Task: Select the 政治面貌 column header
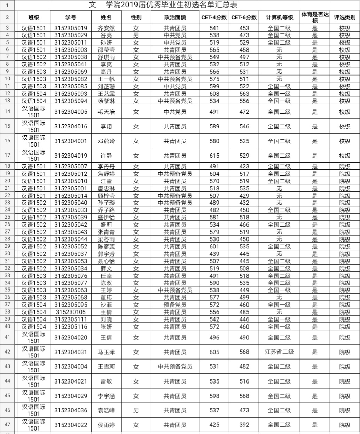tap(175, 17)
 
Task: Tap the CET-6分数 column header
tap(244, 17)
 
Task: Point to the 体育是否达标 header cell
tap(314, 17)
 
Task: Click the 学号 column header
tap(71, 17)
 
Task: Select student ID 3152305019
tap(71, 28)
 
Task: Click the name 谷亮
tap(106, 35)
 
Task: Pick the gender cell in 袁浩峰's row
tap(136, 410)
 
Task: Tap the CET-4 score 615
tap(214, 156)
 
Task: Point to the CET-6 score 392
tap(244, 425)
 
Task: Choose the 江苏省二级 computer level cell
tap(279, 352)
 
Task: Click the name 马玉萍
tap(106, 352)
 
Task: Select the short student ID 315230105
tap(71, 312)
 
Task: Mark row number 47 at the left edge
tap(7, 425)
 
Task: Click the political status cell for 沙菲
tap(175, 305)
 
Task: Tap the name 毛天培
tap(106, 112)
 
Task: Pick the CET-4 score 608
tap(214, 94)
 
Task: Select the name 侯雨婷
tap(106, 425)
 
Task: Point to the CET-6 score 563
tap(244, 94)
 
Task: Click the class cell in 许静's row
tap(34, 156)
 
